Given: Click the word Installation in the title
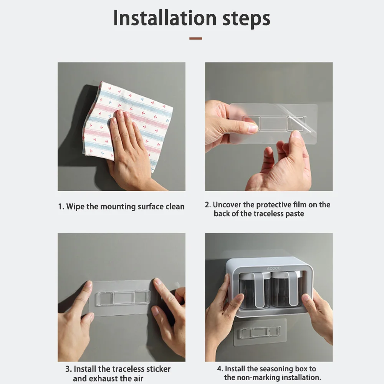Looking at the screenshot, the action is pyautogui.click(x=165, y=18).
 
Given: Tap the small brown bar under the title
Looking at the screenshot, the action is pyautogui.click(x=195, y=38).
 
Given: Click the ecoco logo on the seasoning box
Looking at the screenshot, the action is pyautogui.click(x=273, y=269).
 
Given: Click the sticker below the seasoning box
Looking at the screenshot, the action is pyautogui.click(x=260, y=333).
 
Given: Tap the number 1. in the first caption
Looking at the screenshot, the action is pyautogui.click(x=61, y=207).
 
